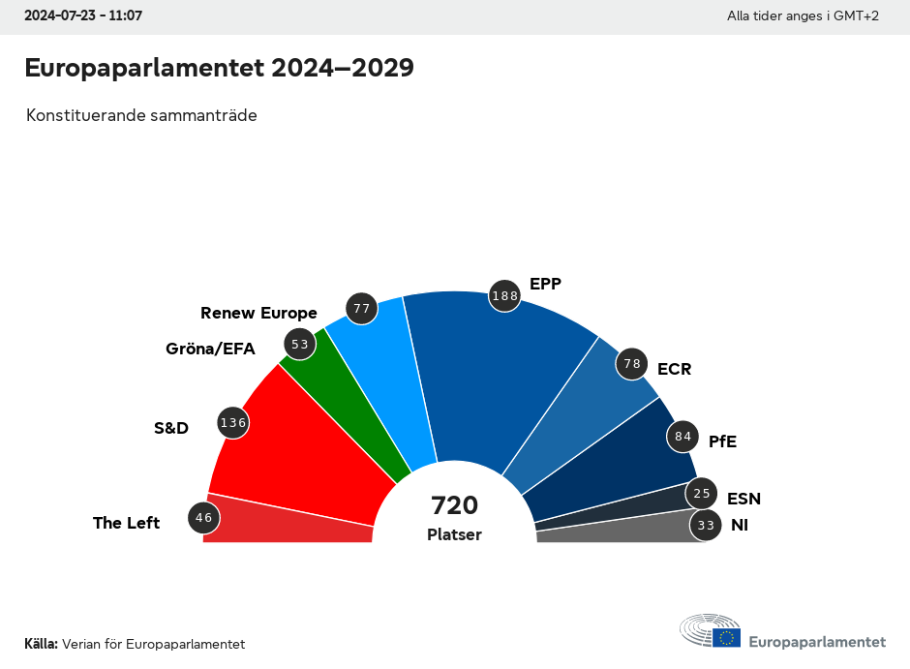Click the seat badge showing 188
point(505,296)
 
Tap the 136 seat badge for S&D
point(233,422)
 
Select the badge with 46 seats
point(203,518)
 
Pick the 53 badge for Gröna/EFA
point(299,344)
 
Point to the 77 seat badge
point(362,309)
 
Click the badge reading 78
point(632,364)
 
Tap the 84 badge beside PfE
point(683,437)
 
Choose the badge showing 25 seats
point(702,494)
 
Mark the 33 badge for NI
point(706,526)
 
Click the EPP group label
point(545,284)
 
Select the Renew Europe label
point(258,313)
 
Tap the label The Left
point(126,523)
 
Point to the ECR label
point(674,369)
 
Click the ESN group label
point(743,499)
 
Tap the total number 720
point(455,505)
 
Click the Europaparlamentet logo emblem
point(710,631)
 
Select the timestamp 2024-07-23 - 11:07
point(83,16)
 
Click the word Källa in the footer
point(41,644)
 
